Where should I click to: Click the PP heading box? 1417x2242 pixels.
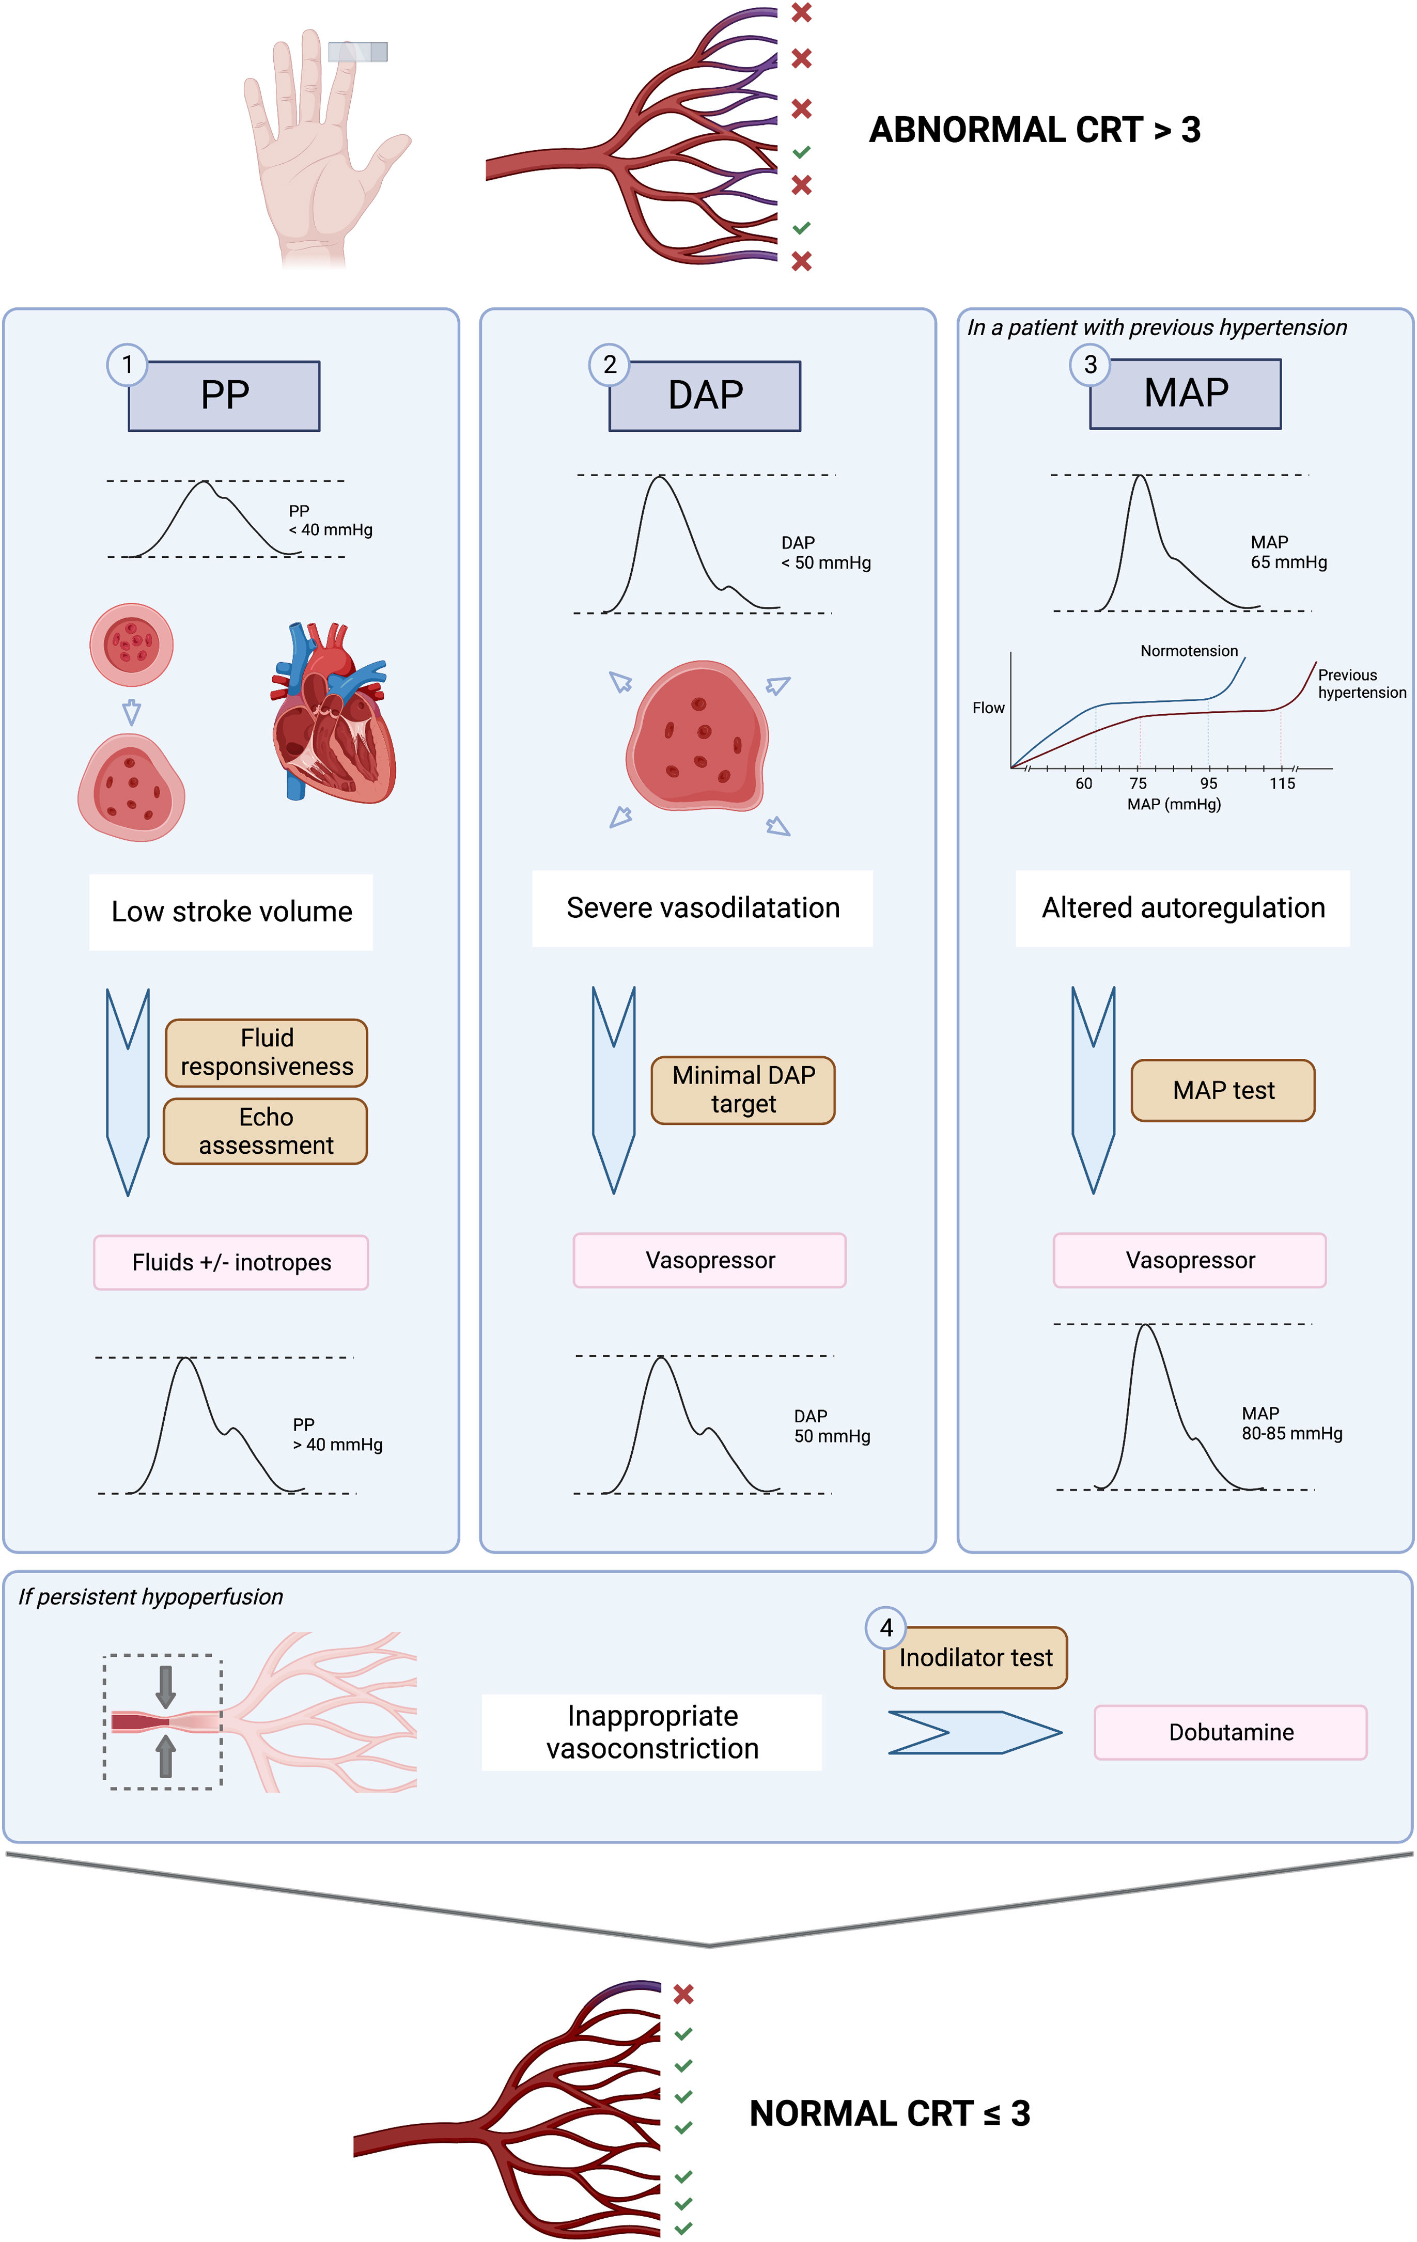[x=224, y=396]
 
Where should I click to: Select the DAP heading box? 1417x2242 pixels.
[x=705, y=396]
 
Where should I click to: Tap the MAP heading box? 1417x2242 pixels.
[x=1185, y=394]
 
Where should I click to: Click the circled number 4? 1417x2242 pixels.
[x=885, y=1627]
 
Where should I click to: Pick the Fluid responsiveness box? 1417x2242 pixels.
[x=266, y=1052]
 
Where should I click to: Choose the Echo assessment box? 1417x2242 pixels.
[x=266, y=1131]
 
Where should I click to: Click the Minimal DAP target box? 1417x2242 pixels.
[x=743, y=1089]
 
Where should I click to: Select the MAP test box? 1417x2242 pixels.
[x=1222, y=1090]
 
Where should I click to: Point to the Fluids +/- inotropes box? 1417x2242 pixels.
[x=231, y=1263]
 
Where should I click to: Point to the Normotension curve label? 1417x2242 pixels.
[x=1189, y=651]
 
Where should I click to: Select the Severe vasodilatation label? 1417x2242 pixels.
[x=703, y=908]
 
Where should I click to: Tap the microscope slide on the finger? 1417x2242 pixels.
[x=357, y=51]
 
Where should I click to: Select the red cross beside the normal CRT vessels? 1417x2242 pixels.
[x=683, y=1994]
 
